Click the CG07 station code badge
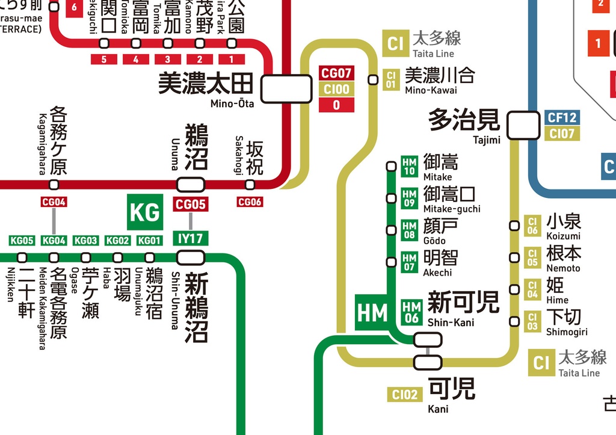pyautogui.click(x=336, y=73)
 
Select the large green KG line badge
pyautogui.click(x=145, y=212)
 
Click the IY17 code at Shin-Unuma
pyautogui.click(x=191, y=238)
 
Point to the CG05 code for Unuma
pyautogui.click(x=191, y=205)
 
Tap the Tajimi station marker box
pyautogui.click(x=523, y=125)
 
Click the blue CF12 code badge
pyautogui.click(x=562, y=118)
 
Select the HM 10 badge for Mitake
pyautogui.click(x=409, y=166)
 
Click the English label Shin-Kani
pyautogui.click(x=451, y=322)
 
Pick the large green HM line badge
pyautogui.click(x=372, y=312)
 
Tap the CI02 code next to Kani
pyautogui.click(x=405, y=395)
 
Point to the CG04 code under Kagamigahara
pyautogui.click(x=54, y=202)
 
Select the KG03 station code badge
pyautogui.click(x=85, y=241)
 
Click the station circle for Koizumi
pyautogui.click(x=514, y=226)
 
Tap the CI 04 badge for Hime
pyautogui.click(x=532, y=289)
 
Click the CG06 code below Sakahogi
pyautogui.click(x=250, y=202)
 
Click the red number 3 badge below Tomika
pyautogui.click(x=168, y=59)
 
